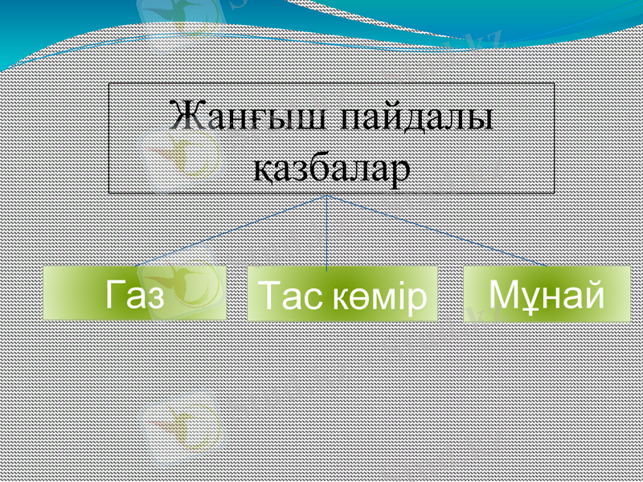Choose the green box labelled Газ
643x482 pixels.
coord(134,294)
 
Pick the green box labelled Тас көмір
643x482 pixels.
coord(342,294)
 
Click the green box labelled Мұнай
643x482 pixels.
coord(547,294)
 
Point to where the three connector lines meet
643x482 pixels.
coord(326,194)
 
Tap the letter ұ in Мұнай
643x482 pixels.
coord(524,296)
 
